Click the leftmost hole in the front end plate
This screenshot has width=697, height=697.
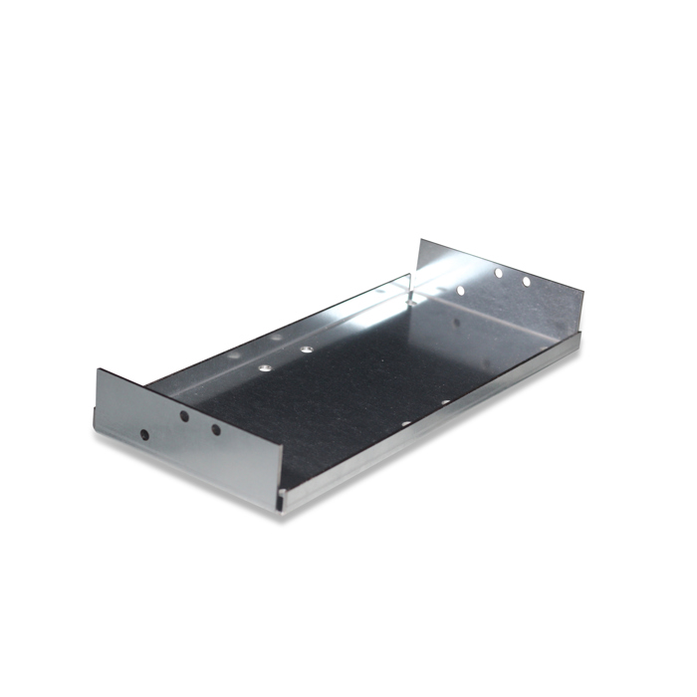click(x=145, y=435)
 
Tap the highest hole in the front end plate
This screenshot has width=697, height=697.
click(x=184, y=417)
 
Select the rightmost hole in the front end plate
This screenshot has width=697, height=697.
click(x=215, y=430)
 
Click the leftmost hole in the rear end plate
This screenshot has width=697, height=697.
click(x=460, y=291)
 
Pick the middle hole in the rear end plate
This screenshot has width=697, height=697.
click(x=498, y=273)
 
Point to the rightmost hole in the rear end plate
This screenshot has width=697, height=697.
click(x=526, y=282)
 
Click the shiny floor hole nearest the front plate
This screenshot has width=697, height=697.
click(x=265, y=367)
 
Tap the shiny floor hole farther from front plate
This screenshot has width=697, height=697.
click(x=306, y=350)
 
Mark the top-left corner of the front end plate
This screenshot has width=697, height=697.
click(x=98, y=369)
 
